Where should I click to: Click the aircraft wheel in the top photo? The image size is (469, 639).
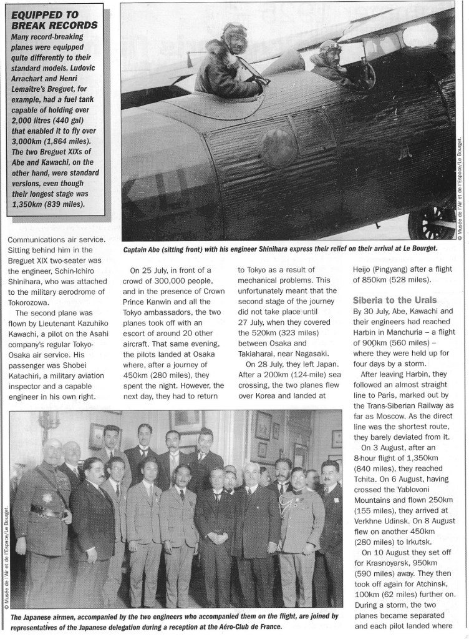(x=440, y=219)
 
